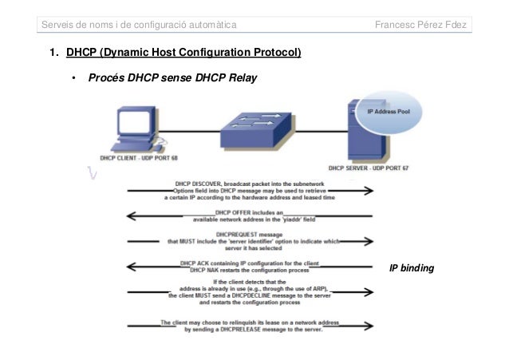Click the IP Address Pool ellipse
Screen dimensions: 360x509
tap(392, 113)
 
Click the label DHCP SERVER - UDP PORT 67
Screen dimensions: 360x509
tap(366, 168)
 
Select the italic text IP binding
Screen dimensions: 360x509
tap(412, 269)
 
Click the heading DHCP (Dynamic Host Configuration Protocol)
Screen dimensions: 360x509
tap(183, 54)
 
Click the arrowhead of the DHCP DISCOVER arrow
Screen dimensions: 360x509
tap(371, 191)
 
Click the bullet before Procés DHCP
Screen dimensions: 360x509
tap(72, 79)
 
